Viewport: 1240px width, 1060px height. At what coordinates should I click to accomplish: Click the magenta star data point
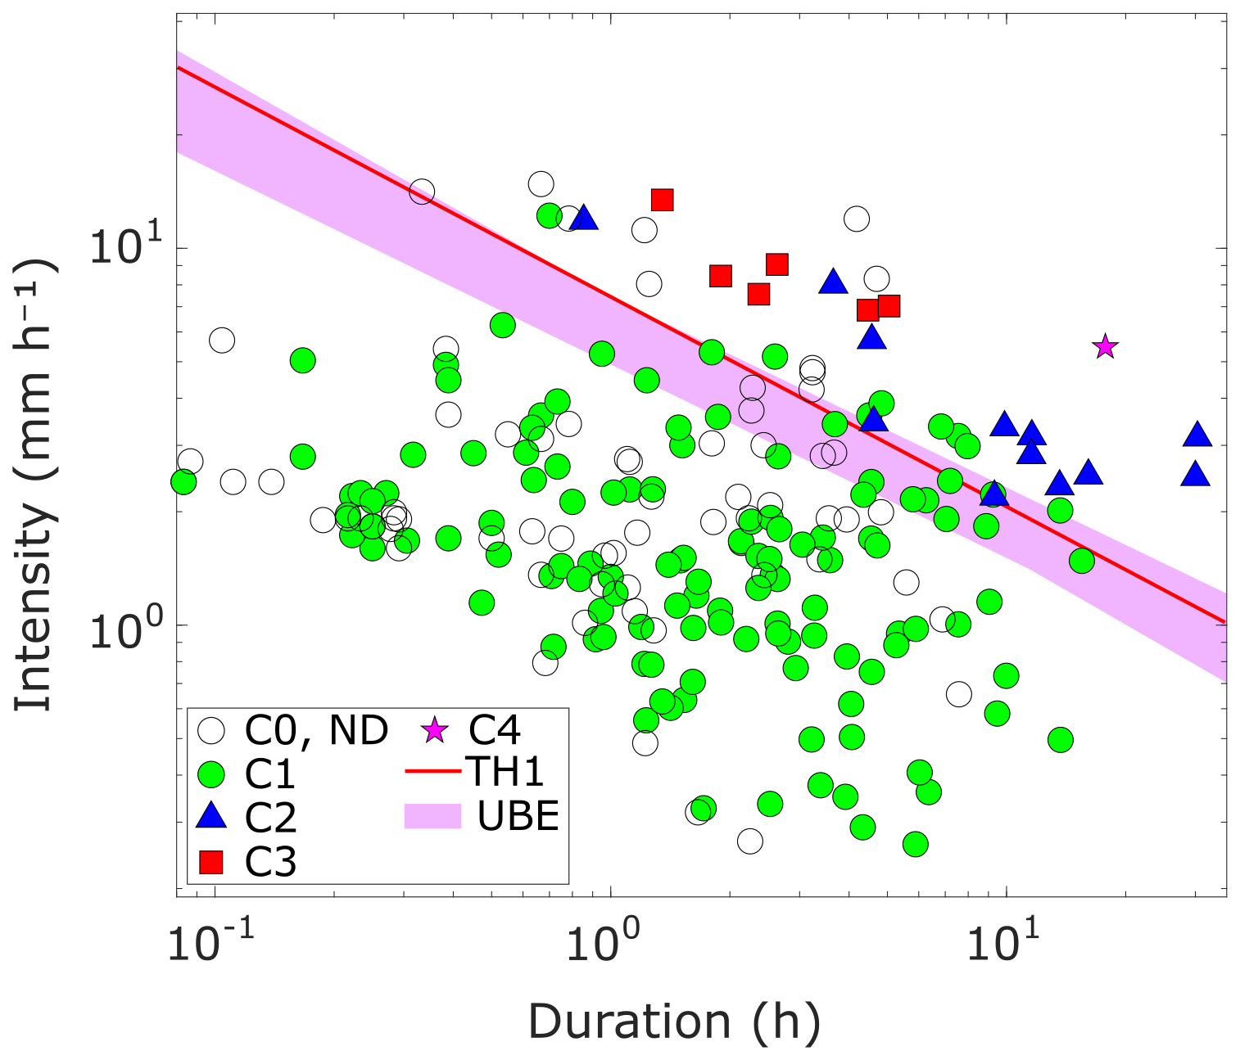(x=1105, y=347)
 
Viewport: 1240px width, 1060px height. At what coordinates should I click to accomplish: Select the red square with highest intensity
(x=662, y=200)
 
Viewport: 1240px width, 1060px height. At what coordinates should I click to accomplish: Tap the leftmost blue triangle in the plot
(x=584, y=218)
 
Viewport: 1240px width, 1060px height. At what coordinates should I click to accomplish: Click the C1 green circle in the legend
(x=213, y=773)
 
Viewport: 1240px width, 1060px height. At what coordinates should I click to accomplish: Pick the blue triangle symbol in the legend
(x=213, y=816)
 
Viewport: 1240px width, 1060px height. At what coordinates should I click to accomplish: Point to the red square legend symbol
(x=213, y=861)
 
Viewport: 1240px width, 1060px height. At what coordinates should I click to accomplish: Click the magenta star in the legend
(x=433, y=729)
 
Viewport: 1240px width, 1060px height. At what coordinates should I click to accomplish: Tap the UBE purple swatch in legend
(x=433, y=815)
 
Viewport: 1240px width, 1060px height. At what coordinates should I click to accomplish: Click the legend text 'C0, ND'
(x=316, y=729)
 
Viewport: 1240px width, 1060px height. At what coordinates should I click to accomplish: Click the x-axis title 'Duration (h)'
(x=674, y=1022)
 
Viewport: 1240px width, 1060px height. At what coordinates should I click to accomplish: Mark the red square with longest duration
(x=889, y=306)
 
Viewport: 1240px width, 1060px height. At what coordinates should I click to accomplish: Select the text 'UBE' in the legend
(x=518, y=815)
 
